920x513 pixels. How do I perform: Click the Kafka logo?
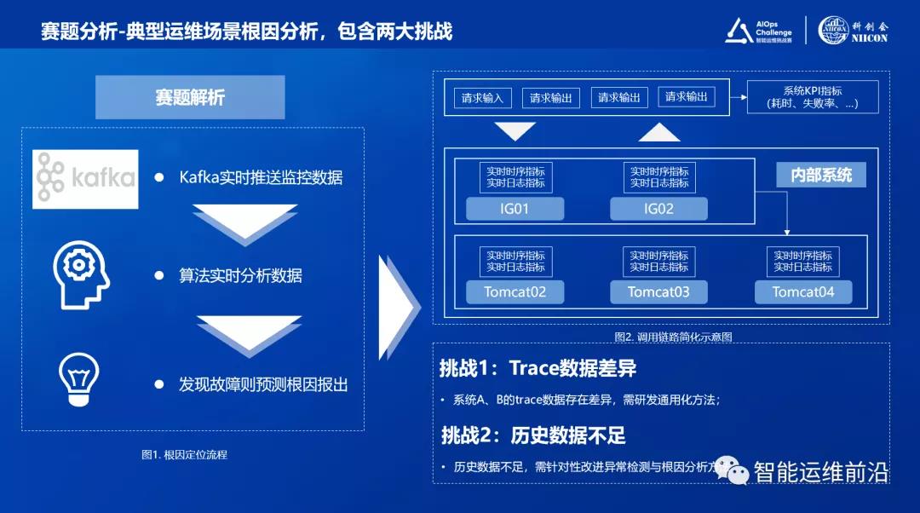click(x=85, y=178)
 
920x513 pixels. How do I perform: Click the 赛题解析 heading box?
click(x=190, y=97)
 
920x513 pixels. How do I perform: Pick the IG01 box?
click(x=515, y=209)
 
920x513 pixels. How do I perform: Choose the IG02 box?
click(x=658, y=209)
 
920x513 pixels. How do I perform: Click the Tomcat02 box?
click(x=515, y=292)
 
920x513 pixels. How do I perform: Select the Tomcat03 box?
click(x=658, y=292)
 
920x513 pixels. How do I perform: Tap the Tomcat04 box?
click(x=803, y=292)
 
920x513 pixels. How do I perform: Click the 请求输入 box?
click(x=482, y=98)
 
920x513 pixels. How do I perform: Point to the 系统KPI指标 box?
click(x=812, y=97)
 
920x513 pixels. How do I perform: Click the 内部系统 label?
click(x=821, y=176)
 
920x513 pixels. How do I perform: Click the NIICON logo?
click(x=853, y=30)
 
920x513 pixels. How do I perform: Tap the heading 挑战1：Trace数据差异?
click(x=538, y=368)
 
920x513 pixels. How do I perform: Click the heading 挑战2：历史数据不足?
click(x=533, y=435)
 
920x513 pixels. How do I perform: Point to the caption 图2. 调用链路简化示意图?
click(x=673, y=337)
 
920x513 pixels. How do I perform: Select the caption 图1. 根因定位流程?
click(x=184, y=455)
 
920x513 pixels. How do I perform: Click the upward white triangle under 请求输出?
click(x=659, y=132)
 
